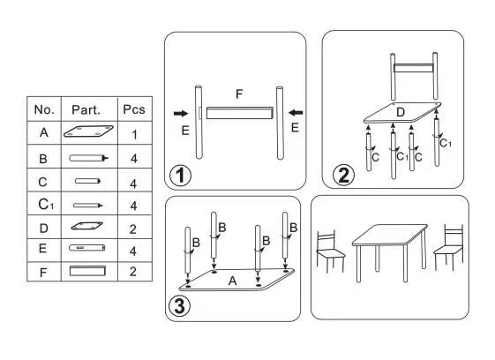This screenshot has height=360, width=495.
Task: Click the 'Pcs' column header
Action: click(x=134, y=109)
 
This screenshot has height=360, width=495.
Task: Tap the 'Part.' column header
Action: click(x=86, y=110)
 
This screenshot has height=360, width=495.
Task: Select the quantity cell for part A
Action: click(x=134, y=134)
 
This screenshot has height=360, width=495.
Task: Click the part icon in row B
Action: click(x=89, y=158)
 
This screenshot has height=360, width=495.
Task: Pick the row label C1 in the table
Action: click(x=46, y=205)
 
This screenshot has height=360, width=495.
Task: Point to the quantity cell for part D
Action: click(x=133, y=229)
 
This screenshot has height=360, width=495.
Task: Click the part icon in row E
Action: click(x=87, y=248)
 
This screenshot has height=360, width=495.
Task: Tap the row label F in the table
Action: click(x=43, y=273)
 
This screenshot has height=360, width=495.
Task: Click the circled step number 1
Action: click(x=180, y=176)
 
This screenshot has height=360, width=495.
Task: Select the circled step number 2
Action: click(x=344, y=176)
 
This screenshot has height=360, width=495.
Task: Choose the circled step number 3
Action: click(x=180, y=306)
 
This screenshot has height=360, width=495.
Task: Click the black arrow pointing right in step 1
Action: click(x=181, y=114)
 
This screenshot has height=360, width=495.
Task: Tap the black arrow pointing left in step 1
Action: click(x=296, y=112)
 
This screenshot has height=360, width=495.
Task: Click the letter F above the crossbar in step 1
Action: click(x=239, y=94)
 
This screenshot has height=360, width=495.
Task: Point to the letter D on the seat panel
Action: click(x=401, y=112)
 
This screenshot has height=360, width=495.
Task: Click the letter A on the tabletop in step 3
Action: click(x=232, y=281)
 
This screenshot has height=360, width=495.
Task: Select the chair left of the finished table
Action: click(x=330, y=251)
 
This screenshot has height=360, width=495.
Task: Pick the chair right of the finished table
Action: click(x=448, y=248)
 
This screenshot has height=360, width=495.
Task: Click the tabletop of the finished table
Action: click(x=390, y=235)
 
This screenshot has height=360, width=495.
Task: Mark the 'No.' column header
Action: click(x=44, y=109)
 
